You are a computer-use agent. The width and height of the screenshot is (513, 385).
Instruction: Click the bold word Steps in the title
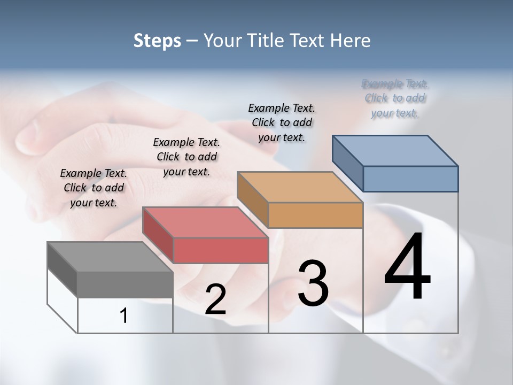(x=157, y=41)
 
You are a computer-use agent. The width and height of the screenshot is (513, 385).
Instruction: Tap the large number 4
(x=407, y=267)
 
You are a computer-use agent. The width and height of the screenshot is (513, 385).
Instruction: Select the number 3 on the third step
(x=313, y=283)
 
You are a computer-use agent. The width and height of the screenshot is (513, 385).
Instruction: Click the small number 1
(x=124, y=316)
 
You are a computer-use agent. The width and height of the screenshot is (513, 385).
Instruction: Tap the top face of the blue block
(x=394, y=150)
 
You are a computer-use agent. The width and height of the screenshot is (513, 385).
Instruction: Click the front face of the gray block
(x=125, y=284)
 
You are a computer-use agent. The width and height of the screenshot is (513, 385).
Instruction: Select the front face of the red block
(x=220, y=250)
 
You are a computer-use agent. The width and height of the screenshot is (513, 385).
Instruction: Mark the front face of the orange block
(x=315, y=215)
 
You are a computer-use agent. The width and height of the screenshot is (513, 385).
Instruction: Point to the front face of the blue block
(x=410, y=179)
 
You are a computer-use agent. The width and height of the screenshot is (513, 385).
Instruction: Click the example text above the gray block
(x=94, y=188)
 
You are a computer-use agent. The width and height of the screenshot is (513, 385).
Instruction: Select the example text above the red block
(x=186, y=157)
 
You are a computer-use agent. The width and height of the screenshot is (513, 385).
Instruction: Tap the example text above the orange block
(x=282, y=122)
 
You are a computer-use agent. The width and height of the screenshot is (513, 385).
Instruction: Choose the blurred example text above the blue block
(x=395, y=98)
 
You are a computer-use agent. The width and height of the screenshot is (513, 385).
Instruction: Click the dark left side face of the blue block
(x=347, y=163)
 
